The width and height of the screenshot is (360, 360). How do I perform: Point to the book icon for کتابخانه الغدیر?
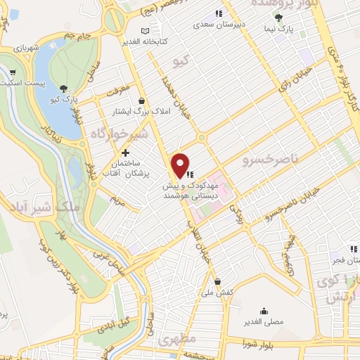[x=146, y=31]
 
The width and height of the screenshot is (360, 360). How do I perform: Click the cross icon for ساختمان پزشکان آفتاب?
[x=125, y=153]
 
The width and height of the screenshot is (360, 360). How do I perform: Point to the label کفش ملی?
[x=217, y=292]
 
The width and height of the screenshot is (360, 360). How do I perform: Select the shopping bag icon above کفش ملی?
[x=217, y=281]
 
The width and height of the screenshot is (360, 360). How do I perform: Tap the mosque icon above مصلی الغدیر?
[x=264, y=311]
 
